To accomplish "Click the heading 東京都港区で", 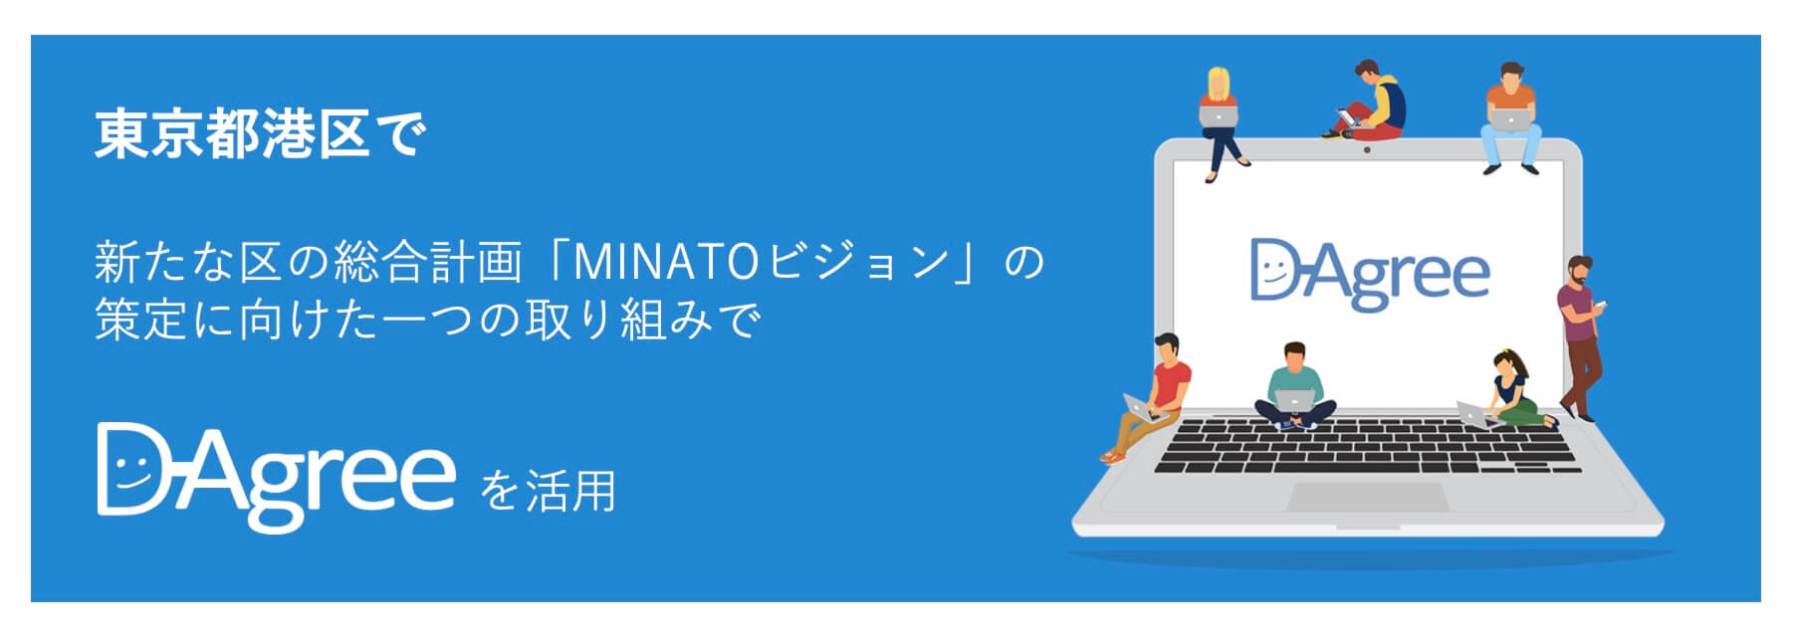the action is tap(261, 134).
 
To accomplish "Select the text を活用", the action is tap(548, 491).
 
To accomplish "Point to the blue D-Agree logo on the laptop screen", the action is tap(1370, 273).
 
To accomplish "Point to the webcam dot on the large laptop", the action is tap(1367, 149).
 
